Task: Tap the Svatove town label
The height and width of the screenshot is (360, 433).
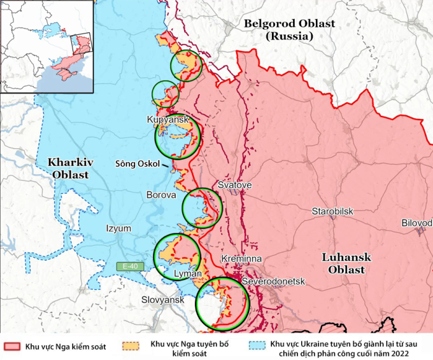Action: (x=235, y=185)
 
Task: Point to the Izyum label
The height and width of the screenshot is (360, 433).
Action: (x=118, y=228)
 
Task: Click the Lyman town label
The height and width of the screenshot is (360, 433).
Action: (x=188, y=273)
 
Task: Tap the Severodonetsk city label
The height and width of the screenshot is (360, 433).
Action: (x=273, y=281)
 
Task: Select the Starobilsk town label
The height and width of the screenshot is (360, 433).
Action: (x=332, y=211)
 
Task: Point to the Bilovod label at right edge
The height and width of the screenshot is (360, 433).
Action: (x=416, y=223)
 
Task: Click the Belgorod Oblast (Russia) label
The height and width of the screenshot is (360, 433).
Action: (x=290, y=30)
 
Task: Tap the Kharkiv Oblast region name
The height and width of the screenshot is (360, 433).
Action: (x=71, y=169)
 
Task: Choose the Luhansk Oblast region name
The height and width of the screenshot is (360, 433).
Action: (x=343, y=263)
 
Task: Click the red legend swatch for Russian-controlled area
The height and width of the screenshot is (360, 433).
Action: (x=12, y=347)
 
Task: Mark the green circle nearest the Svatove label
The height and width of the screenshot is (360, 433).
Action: (x=202, y=205)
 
